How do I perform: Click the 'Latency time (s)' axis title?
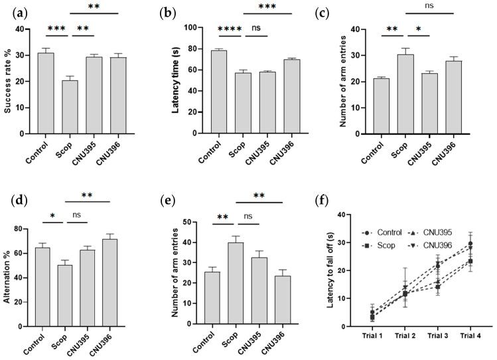tap(177, 80)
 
